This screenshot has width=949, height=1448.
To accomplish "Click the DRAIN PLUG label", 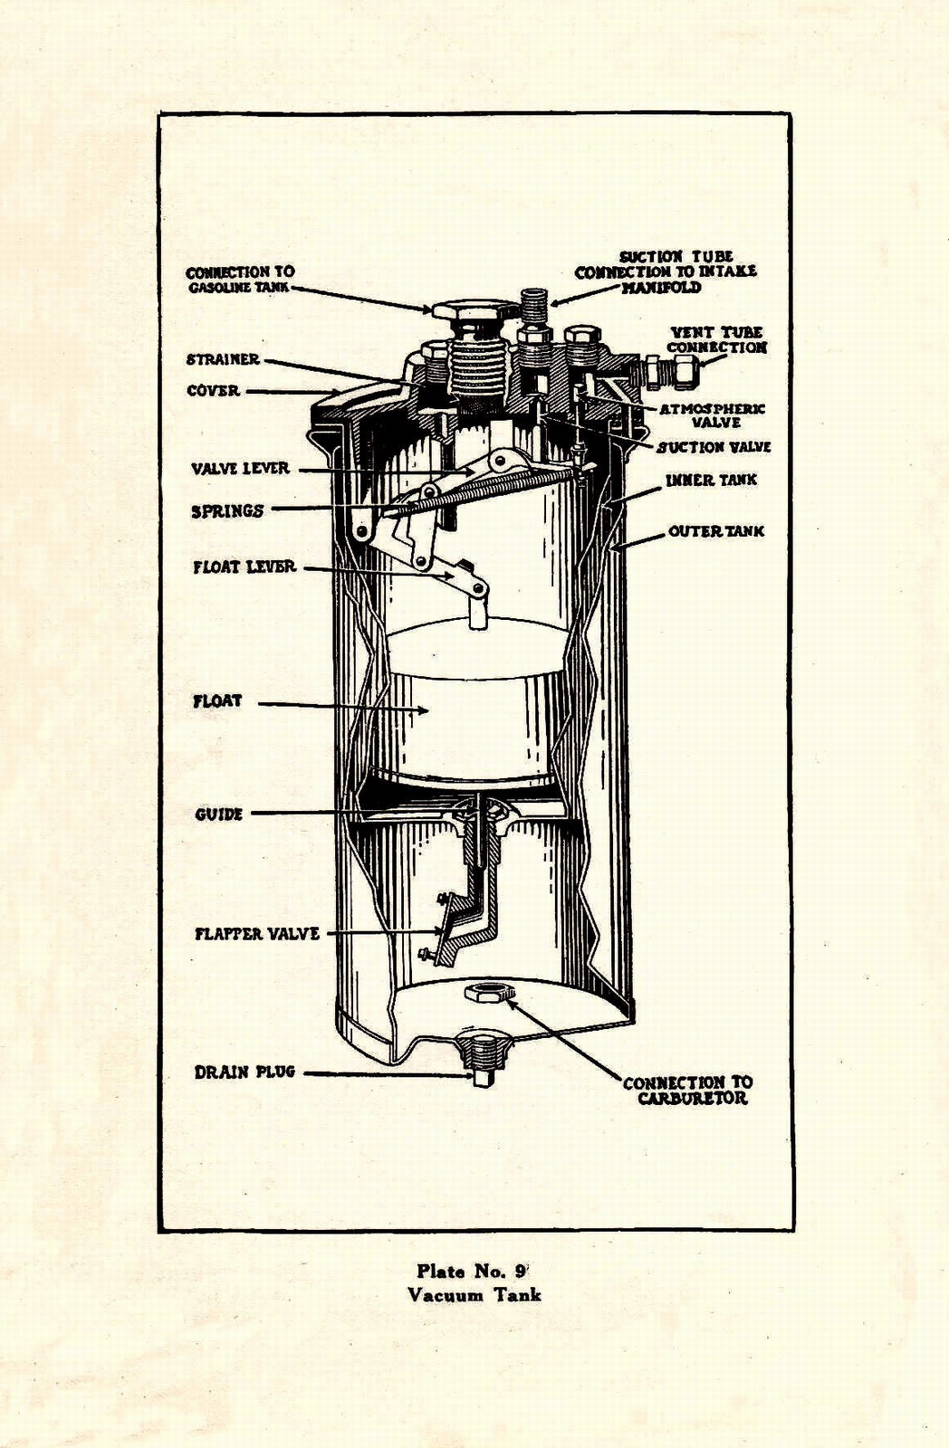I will click(244, 1072).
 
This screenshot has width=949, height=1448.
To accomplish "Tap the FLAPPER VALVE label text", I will click(257, 934).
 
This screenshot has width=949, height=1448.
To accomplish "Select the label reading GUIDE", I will click(219, 814).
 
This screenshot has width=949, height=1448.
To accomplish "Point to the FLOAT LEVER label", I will click(244, 567).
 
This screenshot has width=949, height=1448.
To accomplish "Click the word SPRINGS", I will click(227, 511).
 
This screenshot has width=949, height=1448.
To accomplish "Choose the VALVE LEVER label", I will click(240, 469).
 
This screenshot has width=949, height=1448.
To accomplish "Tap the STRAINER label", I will click(223, 359).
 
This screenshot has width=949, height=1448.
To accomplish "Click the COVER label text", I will click(213, 391).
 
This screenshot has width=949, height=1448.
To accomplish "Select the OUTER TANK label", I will click(716, 531).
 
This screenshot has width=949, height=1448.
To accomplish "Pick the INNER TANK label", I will click(711, 480).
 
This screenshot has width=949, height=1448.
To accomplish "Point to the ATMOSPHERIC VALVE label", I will click(712, 415).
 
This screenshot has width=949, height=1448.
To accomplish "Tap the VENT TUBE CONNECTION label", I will click(716, 340).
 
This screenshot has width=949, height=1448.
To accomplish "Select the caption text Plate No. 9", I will click(475, 1270).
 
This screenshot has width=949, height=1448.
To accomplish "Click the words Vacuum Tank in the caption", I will click(474, 1294).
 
